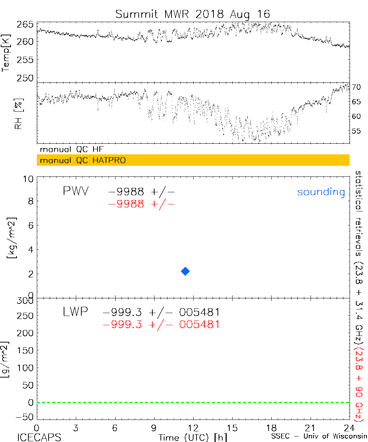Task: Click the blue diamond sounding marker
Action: pos(185,271)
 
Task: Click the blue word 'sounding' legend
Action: pos(321,192)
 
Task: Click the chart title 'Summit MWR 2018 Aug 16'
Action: pos(192,14)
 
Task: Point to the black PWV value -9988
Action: pos(126,192)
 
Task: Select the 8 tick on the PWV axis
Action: pos(31,201)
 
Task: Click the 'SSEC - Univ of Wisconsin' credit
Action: pos(318,437)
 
